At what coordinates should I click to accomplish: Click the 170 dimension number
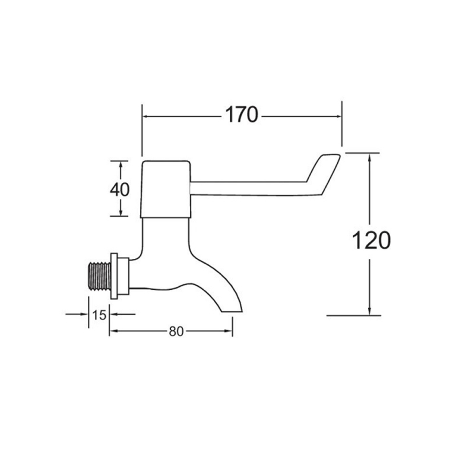click(242, 115)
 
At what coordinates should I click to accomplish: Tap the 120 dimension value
click(371, 240)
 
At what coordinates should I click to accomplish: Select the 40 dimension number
click(120, 189)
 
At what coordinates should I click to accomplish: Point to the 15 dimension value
click(99, 315)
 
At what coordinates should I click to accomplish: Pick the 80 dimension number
click(176, 331)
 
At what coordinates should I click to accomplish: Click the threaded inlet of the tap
click(99, 276)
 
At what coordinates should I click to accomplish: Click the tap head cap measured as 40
click(166, 189)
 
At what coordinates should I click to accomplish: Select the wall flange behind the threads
click(114, 276)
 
